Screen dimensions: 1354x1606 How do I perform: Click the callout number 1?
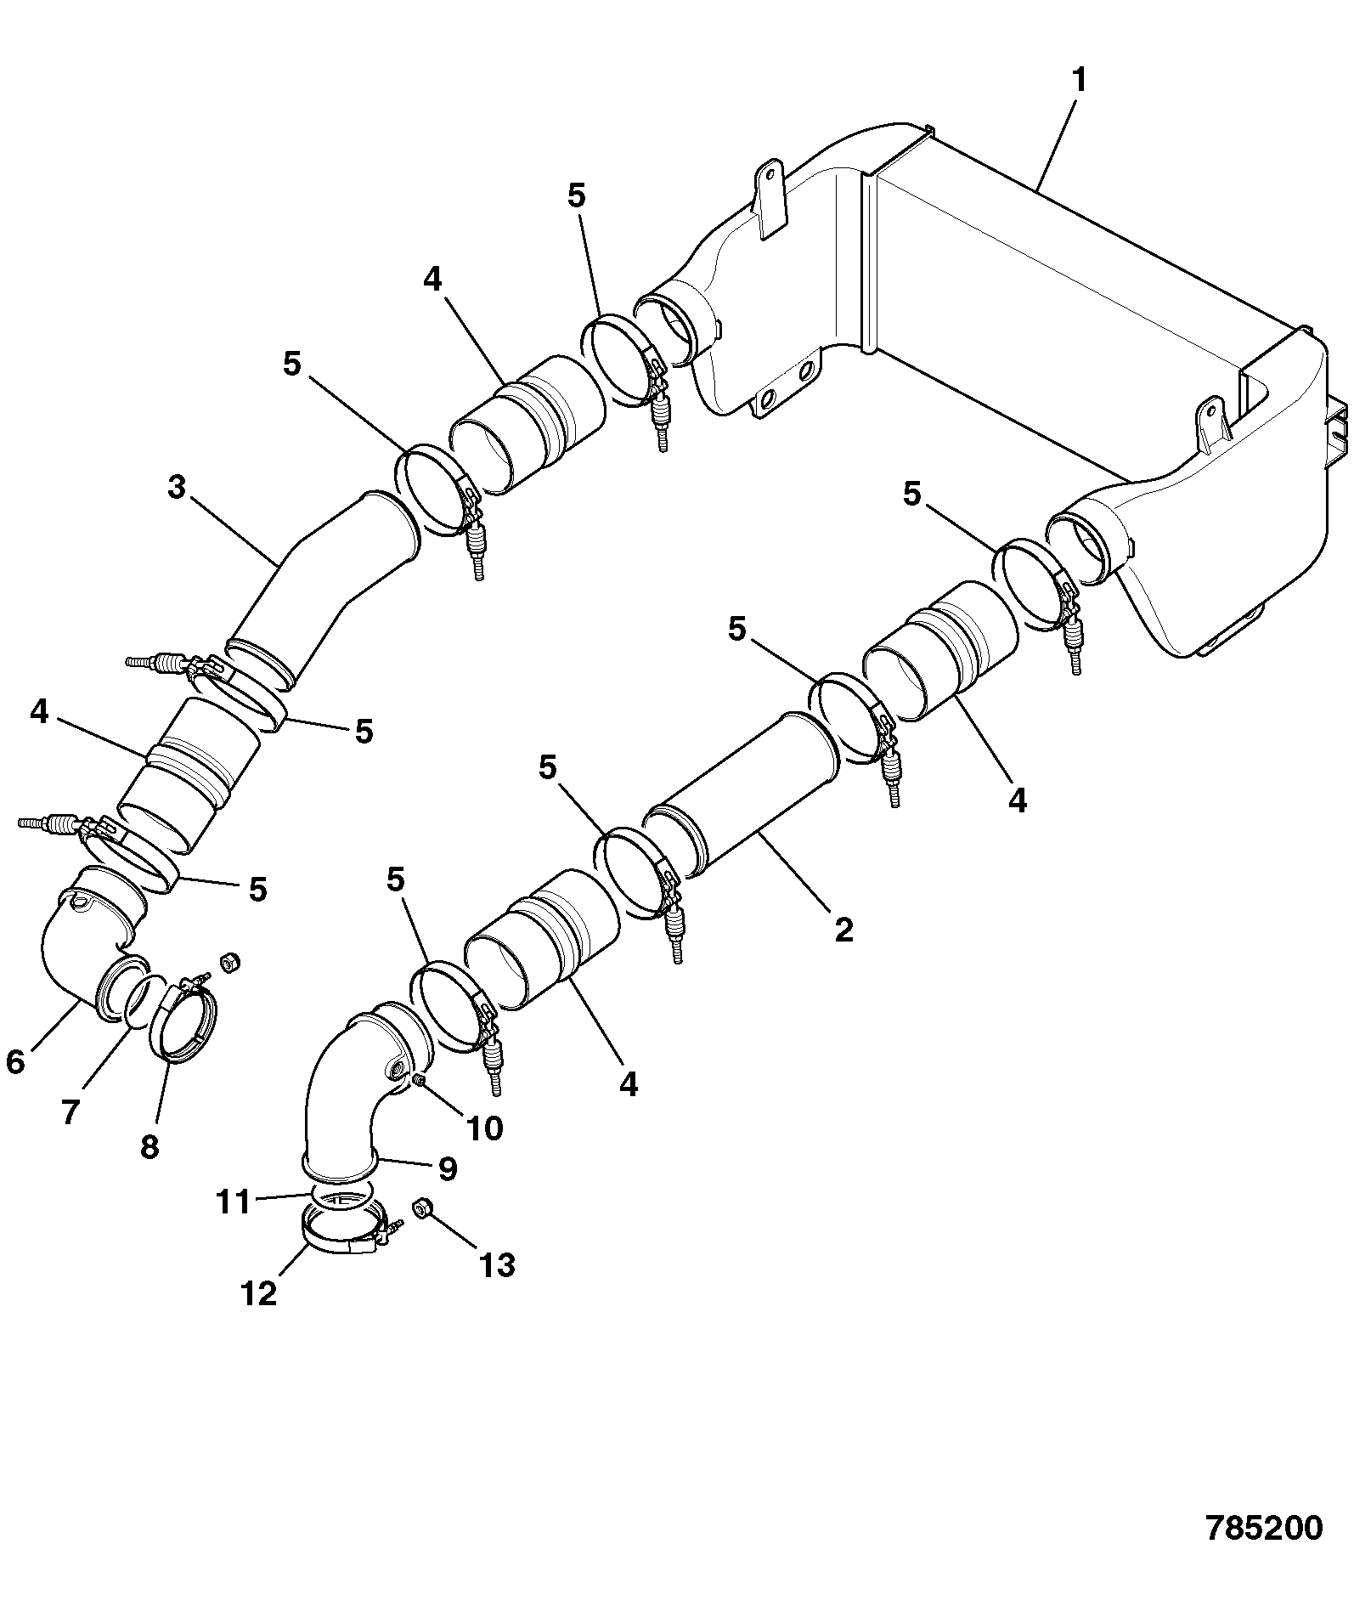(x=1079, y=82)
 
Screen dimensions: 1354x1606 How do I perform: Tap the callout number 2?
(x=843, y=930)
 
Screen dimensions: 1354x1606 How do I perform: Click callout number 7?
(x=71, y=1111)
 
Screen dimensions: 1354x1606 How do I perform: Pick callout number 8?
(x=149, y=1147)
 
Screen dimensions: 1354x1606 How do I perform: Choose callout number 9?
(x=447, y=1168)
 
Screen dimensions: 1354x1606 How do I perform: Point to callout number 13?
(x=496, y=1265)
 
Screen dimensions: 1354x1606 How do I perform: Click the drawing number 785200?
(x=1264, y=1527)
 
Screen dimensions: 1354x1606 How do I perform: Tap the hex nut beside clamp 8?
(x=228, y=962)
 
